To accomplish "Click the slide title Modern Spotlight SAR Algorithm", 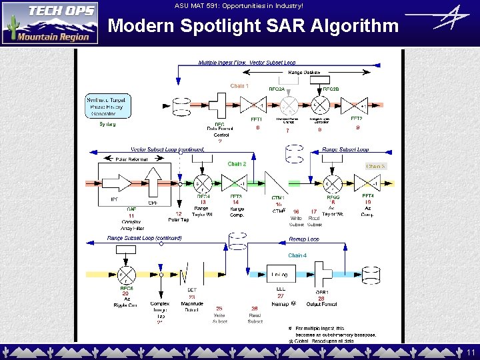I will pyautogui.click(x=253, y=26).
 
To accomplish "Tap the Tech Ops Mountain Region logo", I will pyautogui.click(x=50, y=23).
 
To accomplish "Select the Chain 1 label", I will pyautogui.click(x=239, y=85).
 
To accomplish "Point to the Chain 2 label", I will pyautogui.click(x=237, y=164).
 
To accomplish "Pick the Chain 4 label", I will pyautogui.click(x=297, y=255).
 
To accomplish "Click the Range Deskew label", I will pyautogui.click(x=304, y=72).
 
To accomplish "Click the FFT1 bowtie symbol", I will pyautogui.click(x=253, y=105).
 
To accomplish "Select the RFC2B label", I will pyautogui.click(x=331, y=89).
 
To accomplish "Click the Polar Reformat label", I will pyautogui.click(x=131, y=160).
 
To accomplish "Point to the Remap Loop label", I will pyautogui.click(x=304, y=239).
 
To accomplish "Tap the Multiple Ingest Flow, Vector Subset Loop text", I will pyautogui.click(x=238, y=62).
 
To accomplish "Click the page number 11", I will pyautogui.click(x=471, y=352).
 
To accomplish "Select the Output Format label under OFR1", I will pyautogui.click(x=321, y=305).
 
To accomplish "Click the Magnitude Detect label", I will pyautogui.click(x=192, y=307).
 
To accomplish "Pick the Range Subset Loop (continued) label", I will pyautogui.click(x=145, y=238).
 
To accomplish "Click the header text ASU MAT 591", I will pyautogui.click(x=238, y=6).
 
